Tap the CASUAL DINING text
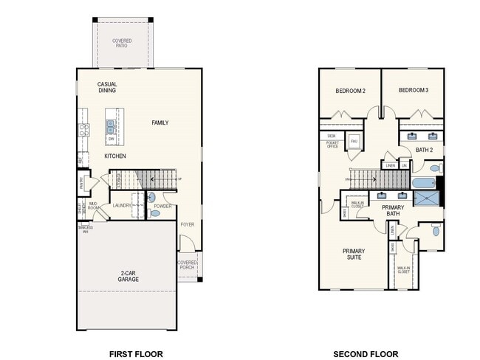107,87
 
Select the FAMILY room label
160,122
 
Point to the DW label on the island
111,139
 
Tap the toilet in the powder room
154,213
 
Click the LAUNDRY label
122,206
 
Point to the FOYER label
188,224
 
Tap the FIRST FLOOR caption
135,353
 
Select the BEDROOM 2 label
351,91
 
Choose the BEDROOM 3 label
413,90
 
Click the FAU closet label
354,140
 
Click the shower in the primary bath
427,198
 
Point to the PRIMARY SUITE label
354,255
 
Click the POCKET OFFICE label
332,145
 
